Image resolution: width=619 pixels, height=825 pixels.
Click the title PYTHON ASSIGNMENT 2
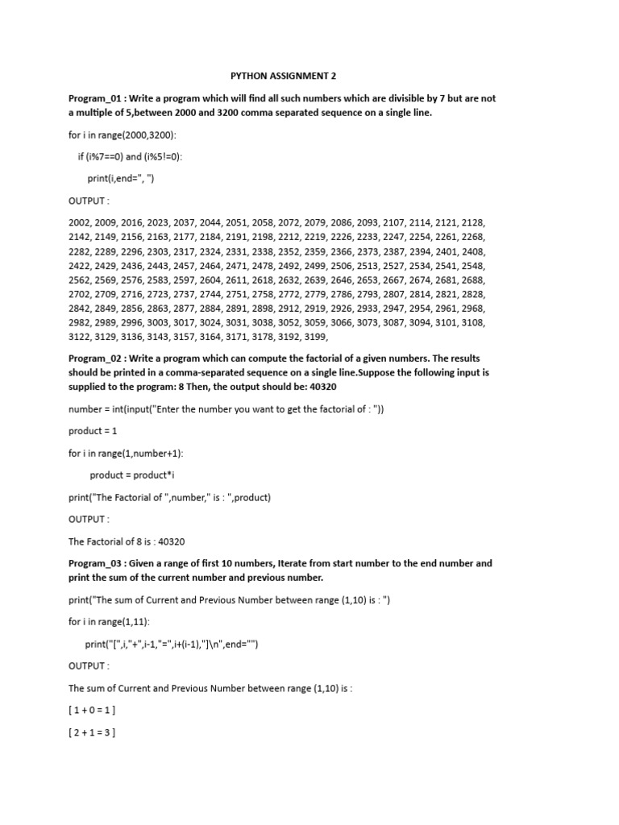[x=284, y=76]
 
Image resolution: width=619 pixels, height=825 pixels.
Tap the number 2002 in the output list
[x=81, y=222]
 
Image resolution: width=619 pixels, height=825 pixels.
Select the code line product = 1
[x=93, y=430]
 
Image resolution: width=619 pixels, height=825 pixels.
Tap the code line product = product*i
[x=132, y=475]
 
